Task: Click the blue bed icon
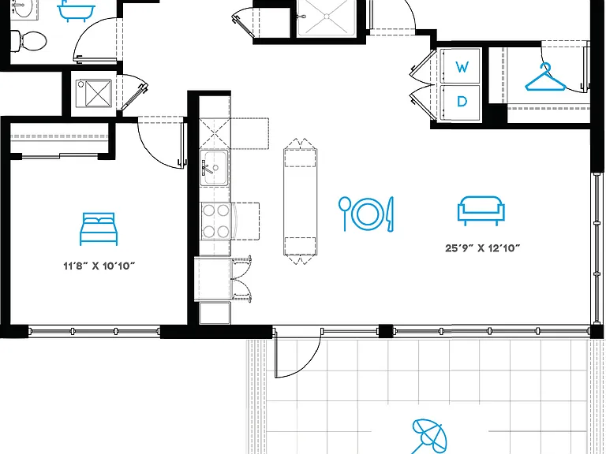[x=99, y=229]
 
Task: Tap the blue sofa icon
[x=481, y=210]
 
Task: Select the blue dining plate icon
[x=366, y=214]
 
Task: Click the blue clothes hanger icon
[x=545, y=77]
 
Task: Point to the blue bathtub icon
[x=76, y=10]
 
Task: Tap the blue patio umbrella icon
[x=428, y=437]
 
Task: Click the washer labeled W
[x=461, y=65]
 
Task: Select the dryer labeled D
[x=461, y=102]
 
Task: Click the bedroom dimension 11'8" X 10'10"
[x=99, y=266]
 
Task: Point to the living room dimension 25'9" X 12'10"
[x=483, y=247]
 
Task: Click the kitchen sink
[x=214, y=168]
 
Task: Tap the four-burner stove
[x=215, y=221]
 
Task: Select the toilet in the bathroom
[x=28, y=40]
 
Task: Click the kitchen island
[x=301, y=202]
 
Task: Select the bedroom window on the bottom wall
[x=95, y=331]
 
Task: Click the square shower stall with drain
[x=327, y=17]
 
